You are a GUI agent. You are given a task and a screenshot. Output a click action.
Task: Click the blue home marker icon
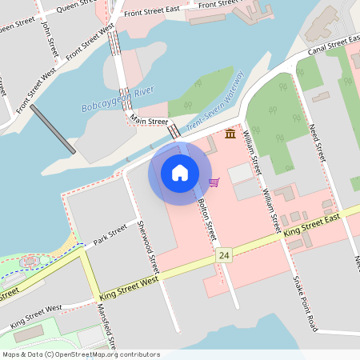180,172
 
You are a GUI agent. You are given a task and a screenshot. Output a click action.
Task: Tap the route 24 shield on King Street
224,255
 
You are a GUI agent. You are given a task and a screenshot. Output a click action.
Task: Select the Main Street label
149,122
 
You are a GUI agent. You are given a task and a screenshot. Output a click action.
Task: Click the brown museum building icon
230,133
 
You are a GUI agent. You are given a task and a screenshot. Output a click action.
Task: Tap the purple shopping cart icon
214,182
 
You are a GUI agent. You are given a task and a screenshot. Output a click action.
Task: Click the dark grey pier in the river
54,129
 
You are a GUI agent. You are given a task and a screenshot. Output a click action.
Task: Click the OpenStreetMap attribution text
81,354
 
